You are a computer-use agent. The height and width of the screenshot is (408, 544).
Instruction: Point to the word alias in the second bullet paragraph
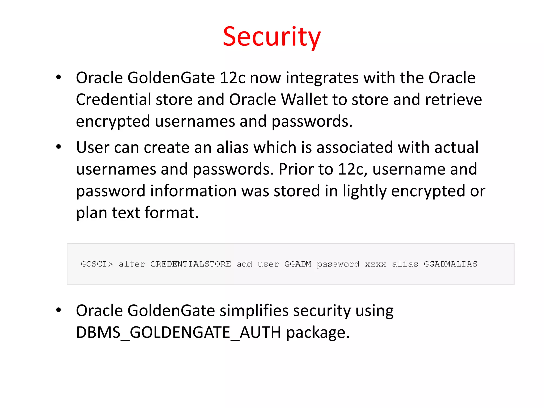click(x=232, y=147)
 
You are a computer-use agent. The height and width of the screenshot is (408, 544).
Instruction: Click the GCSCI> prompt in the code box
click(x=97, y=264)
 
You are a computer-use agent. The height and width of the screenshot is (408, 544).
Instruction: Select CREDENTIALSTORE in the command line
click(x=190, y=264)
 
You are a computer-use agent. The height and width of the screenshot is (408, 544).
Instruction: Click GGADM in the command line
click(x=297, y=264)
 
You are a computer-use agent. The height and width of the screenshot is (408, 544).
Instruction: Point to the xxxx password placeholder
click(x=375, y=264)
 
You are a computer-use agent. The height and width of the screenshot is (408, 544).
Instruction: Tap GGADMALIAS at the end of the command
click(x=450, y=264)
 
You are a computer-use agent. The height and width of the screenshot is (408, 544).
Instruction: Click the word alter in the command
click(x=132, y=264)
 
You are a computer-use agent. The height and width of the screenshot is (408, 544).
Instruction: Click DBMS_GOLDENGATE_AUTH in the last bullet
click(x=178, y=333)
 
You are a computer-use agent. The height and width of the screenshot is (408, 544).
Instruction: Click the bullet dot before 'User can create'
click(x=59, y=147)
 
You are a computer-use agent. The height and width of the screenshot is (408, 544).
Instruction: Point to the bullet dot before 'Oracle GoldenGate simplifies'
click(x=59, y=310)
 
